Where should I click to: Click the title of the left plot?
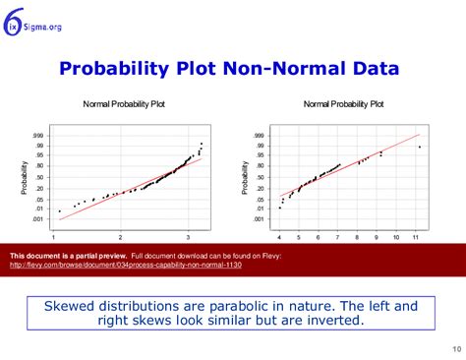click(x=123, y=103)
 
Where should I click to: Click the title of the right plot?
click(x=343, y=103)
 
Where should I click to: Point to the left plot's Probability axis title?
click(x=24, y=177)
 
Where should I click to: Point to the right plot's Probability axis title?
click(x=243, y=177)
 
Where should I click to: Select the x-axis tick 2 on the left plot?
click(x=120, y=237)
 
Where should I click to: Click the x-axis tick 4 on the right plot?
click(x=278, y=237)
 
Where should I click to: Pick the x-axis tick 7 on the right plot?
click(x=337, y=237)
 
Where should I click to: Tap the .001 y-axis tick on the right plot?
click(x=258, y=218)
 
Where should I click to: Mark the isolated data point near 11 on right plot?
click(x=420, y=147)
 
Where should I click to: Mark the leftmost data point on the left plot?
click(x=59, y=210)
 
